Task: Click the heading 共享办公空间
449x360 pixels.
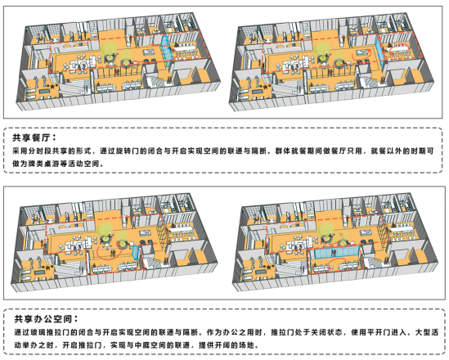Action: pyautogui.click(x=43, y=319)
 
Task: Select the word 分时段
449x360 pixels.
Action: pyautogui.click(x=40, y=151)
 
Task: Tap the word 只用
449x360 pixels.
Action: pyautogui.click(x=354, y=151)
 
